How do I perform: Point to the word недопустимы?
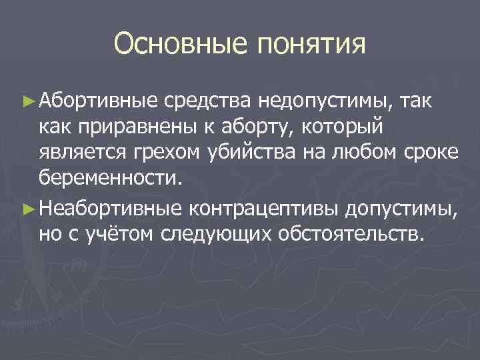point(327,102)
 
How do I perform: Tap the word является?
point(82,153)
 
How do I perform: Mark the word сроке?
point(433,153)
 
